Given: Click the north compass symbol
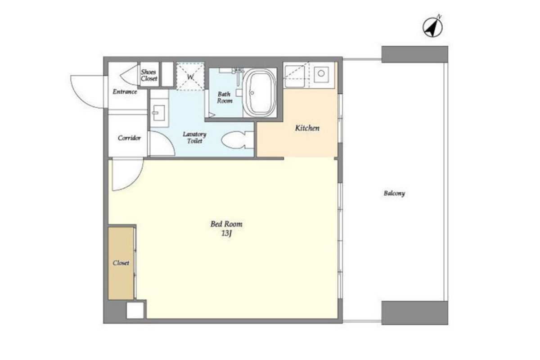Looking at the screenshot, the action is click(x=433, y=27).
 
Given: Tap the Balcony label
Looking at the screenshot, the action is click(x=394, y=193).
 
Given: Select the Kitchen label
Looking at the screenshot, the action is click(x=307, y=128).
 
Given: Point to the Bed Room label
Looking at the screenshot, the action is click(x=226, y=224).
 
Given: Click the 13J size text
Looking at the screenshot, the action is click(x=226, y=234).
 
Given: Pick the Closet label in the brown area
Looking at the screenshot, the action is click(x=121, y=263).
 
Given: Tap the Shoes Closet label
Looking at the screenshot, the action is click(x=149, y=75).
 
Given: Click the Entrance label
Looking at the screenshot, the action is click(x=125, y=92).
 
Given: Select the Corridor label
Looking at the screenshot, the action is click(x=129, y=138).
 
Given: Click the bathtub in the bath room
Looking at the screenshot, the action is click(x=259, y=93).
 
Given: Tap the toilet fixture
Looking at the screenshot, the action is click(x=237, y=140).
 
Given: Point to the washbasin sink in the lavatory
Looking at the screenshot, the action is click(x=158, y=112).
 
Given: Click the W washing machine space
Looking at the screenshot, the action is click(x=190, y=76).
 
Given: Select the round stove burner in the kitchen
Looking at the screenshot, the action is click(x=321, y=73).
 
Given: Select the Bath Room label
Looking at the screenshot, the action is click(x=225, y=97).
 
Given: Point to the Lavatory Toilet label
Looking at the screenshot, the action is click(x=194, y=137).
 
